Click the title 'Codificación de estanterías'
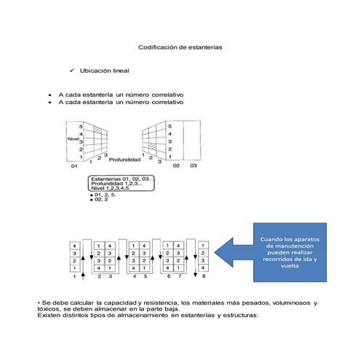tap(180, 47)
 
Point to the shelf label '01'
tap(74, 167)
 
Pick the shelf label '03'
tap(193, 166)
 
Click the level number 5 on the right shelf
tap(169, 126)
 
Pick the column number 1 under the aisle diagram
tap(73, 277)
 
